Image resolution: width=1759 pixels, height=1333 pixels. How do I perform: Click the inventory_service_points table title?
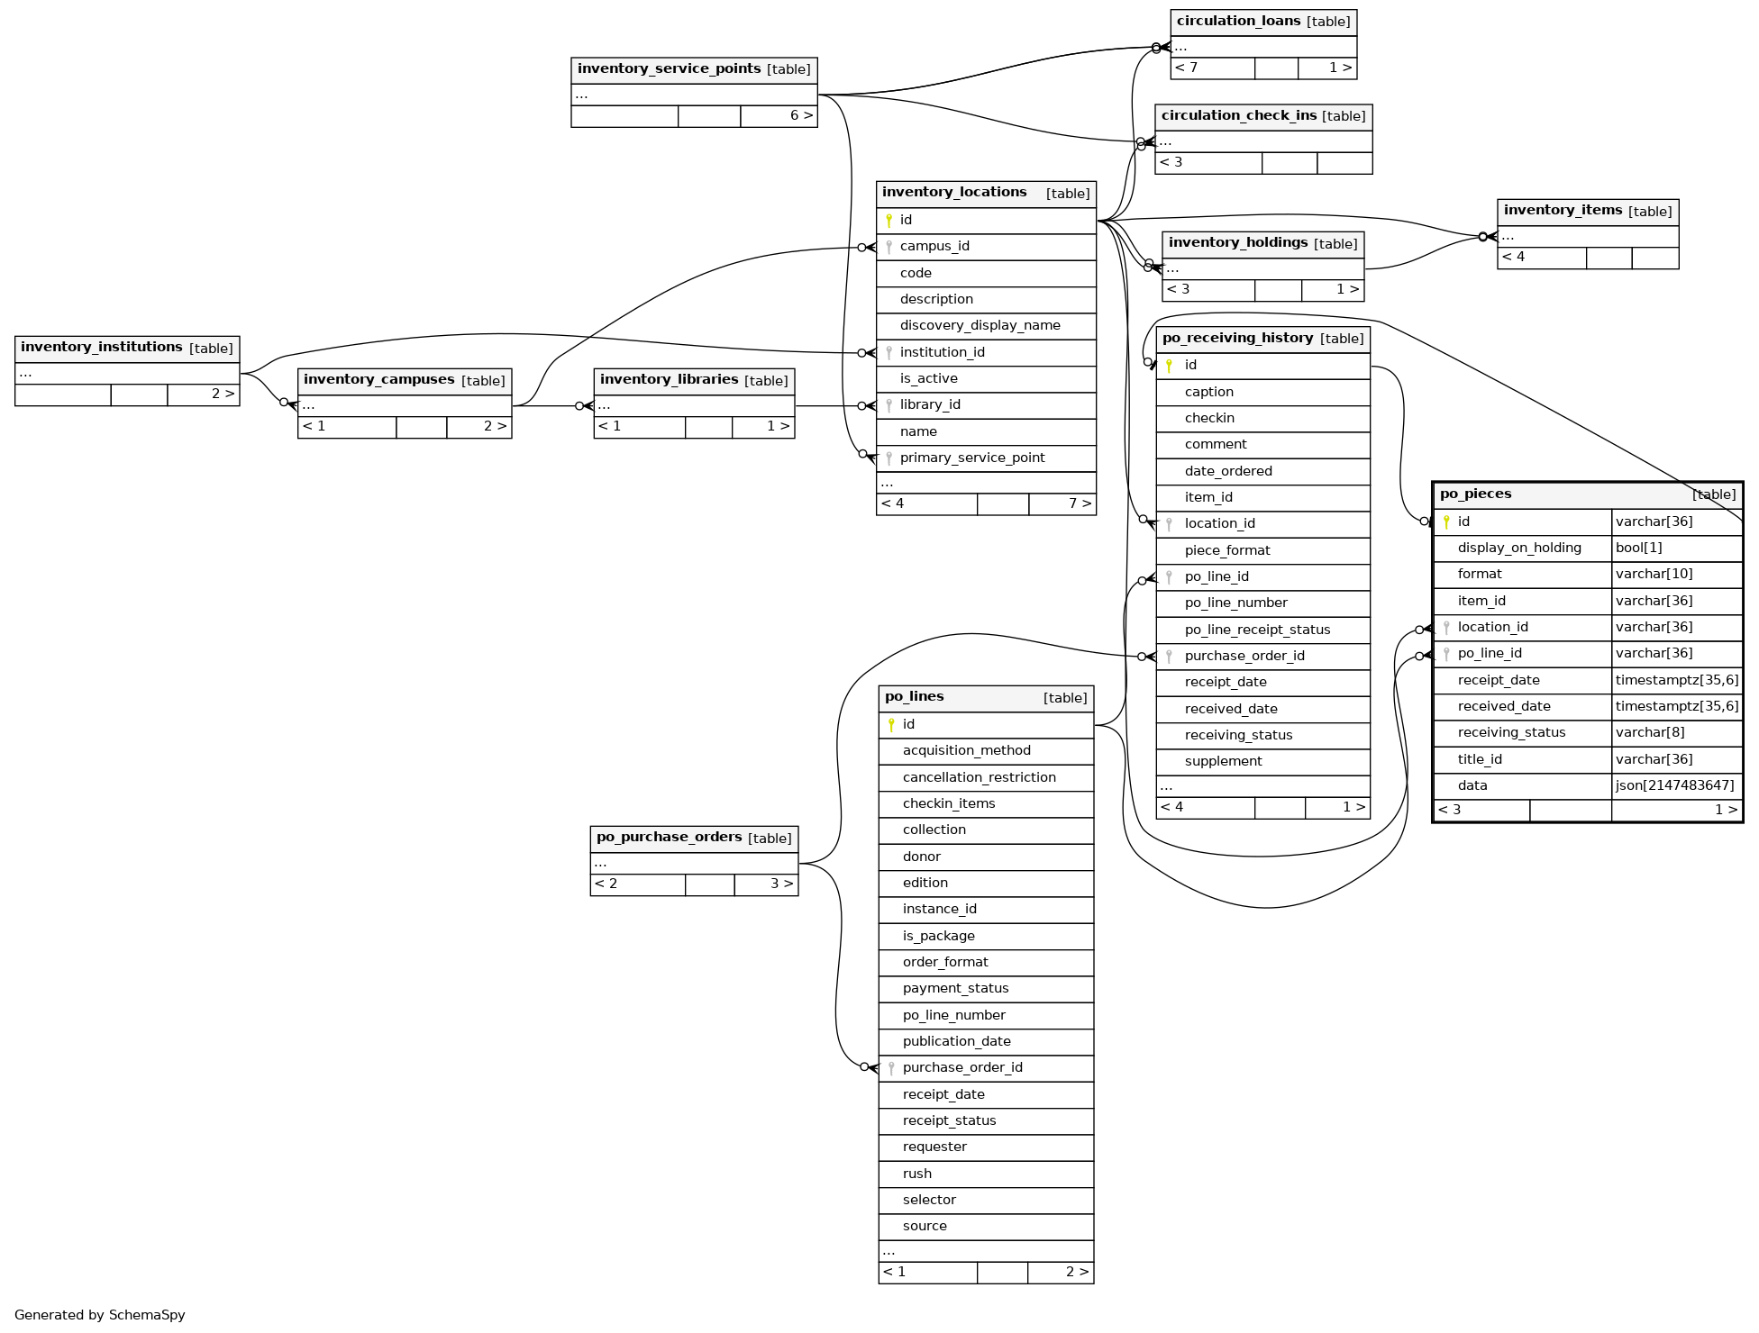(669, 69)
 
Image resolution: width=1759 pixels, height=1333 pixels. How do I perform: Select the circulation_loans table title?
(1238, 22)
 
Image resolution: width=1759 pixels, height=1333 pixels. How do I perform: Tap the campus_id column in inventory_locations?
(934, 247)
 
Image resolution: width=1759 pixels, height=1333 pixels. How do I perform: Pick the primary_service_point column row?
(971, 458)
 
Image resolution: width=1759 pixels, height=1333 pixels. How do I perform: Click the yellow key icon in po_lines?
(891, 725)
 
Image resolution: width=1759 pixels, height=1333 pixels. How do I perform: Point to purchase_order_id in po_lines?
(962, 1068)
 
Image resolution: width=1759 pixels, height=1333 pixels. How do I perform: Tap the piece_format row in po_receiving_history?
(1226, 551)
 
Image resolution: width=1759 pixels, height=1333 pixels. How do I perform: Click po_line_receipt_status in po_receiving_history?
(1257, 630)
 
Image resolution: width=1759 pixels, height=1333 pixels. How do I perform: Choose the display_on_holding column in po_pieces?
(1519, 549)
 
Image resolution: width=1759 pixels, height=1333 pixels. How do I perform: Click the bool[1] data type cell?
(1638, 549)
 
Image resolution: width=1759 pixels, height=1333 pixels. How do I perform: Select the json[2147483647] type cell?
(1674, 786)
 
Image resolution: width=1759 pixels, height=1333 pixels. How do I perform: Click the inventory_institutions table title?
(102, 348)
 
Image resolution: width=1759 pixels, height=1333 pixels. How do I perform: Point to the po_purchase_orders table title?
(669, 838)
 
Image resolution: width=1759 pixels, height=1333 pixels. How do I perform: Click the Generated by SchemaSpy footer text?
(100, 1315)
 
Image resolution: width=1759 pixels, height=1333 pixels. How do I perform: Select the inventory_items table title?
(1563, 211)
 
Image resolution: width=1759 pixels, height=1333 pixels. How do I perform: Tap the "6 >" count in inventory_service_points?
(801, 116)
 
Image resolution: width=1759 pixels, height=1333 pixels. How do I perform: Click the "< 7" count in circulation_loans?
(1187, 68)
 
